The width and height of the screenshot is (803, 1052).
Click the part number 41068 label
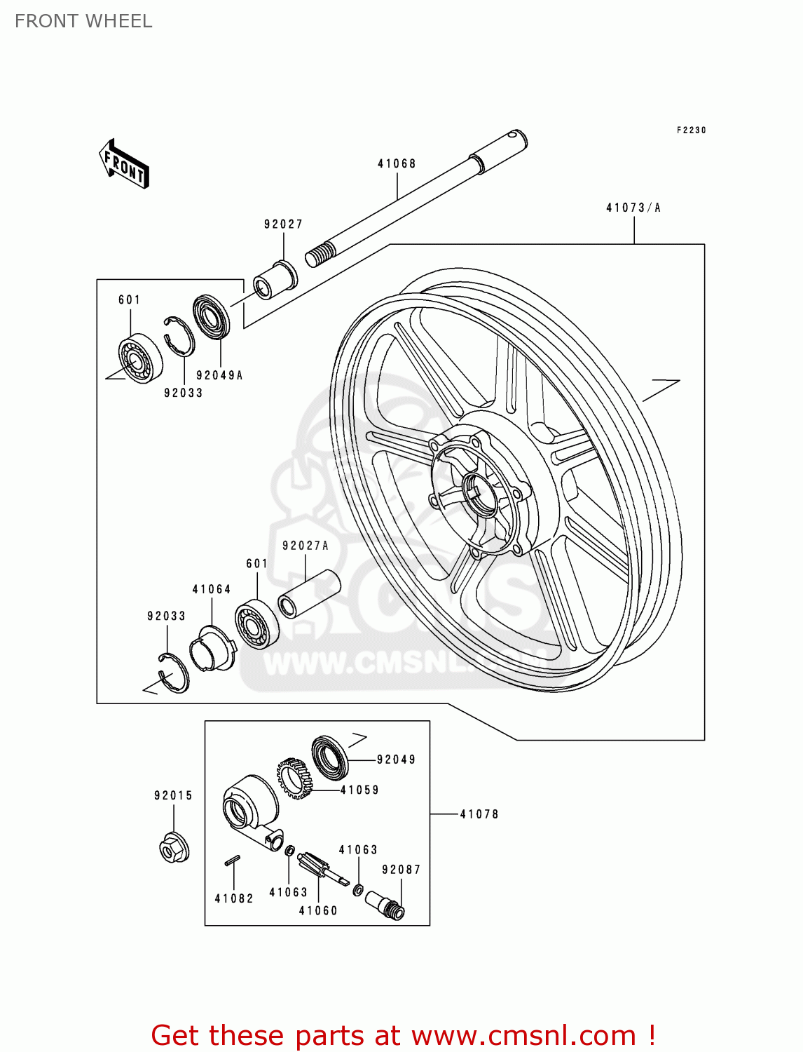[x=397, y=163]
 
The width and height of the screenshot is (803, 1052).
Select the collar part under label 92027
[x=275, y=279]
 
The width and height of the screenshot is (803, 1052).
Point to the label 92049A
[x=219, y=375]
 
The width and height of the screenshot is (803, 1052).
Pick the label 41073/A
[x=633, y=208]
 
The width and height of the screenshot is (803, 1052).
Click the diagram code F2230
[x=691, y=130]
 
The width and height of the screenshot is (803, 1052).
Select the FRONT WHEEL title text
[x=83, y=21]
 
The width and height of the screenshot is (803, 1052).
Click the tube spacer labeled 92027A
[x=309, y=593]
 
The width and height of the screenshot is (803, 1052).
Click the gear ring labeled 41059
[x=294, y=778]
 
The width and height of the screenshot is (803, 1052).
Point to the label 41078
[x=479, y=814]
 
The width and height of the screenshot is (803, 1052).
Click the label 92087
[x=401, y=870]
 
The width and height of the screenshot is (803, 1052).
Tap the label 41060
[x=318, y=910]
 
